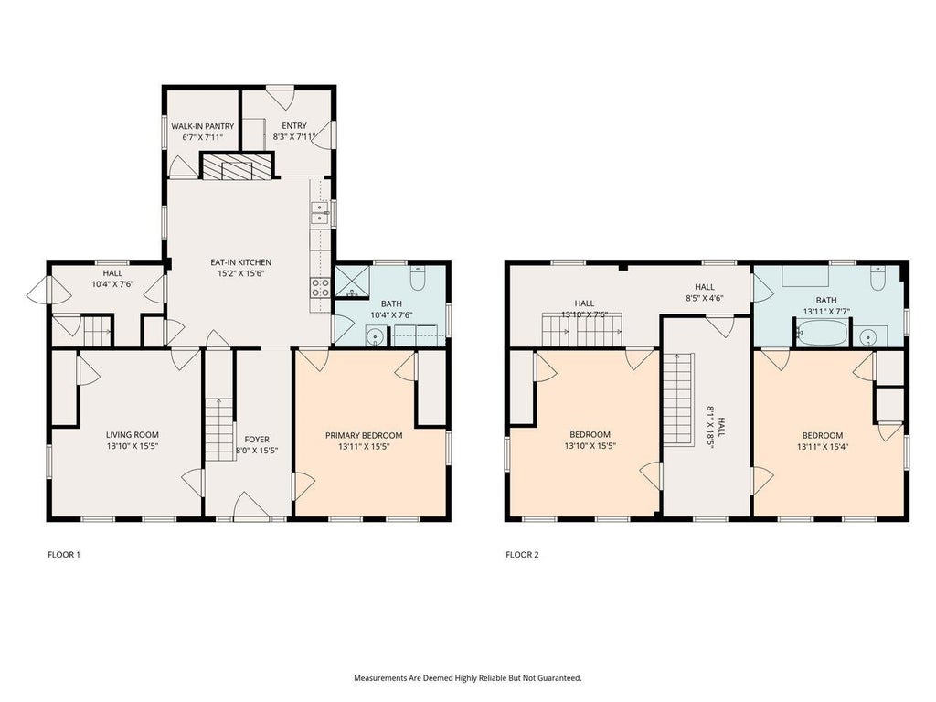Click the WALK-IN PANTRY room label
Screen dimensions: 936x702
pos(202,126)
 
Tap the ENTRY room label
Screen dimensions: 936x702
pos(293,126)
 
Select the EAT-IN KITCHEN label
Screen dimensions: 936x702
pos(240,262)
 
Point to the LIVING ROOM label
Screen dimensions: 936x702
pos(132,435)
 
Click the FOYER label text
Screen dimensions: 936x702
pos(257,440)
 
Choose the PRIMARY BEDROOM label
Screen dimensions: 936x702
pos(364,436)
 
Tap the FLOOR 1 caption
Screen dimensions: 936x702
pos(64,555)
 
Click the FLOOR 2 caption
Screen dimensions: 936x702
pos(522,555)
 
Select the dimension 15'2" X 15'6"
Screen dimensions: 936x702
pos(240,273)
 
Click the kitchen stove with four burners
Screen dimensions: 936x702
pos(320,288)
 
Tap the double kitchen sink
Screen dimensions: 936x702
pos(320,212)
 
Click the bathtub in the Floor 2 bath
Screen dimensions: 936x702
pos(822,333)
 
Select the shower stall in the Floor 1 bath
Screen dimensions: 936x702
pos(352,282)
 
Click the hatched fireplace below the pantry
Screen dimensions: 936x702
pos(236,166)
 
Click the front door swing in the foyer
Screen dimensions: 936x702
pos(252,506)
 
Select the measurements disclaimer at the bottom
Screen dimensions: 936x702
pos(468,678)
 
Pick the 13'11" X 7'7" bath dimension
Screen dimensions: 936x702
pos(826,311)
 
